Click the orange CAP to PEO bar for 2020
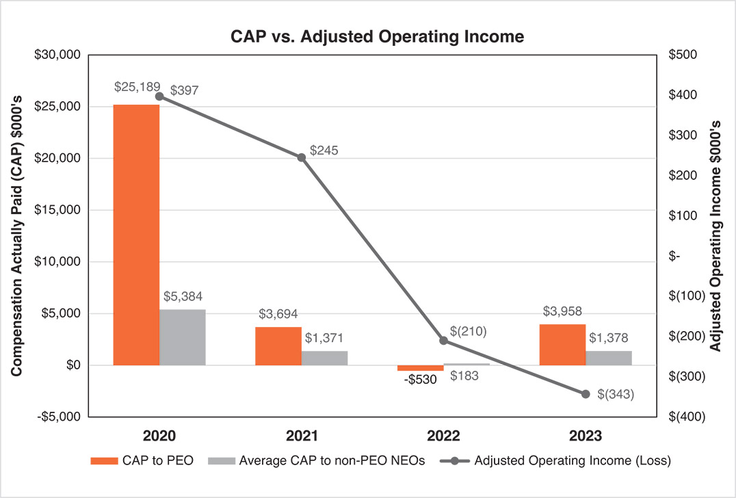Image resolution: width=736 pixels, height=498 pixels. pos(136,235)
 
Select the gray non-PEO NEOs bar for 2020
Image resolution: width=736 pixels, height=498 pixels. pos(183,337)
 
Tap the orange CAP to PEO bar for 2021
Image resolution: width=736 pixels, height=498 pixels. pos(278,346)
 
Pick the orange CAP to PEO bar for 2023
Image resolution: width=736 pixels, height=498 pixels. pos(562,345)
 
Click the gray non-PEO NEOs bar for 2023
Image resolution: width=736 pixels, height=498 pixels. pos(609,358)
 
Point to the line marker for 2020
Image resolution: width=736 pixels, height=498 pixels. pos(159,96)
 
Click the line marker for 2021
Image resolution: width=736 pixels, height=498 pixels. pos(302,157)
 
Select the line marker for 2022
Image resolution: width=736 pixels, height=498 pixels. pos(443,340)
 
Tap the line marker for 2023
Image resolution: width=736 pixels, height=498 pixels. pos(586,394)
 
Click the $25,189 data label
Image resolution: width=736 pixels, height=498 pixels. pos(137,87)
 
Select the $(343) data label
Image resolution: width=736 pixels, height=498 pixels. pos(616,394)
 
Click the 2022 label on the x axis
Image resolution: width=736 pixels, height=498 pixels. pos(443,436)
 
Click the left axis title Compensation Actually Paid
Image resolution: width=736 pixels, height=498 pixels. pos(16,235)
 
